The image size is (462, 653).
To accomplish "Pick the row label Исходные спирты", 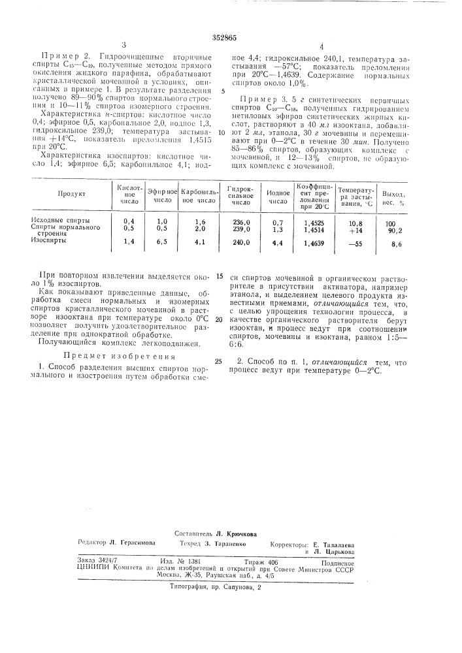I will point(61,221).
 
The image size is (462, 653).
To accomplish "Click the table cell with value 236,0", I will point(233,222).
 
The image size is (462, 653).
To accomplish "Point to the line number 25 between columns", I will point(219,361).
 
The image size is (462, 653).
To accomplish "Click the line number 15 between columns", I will point(219,277).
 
